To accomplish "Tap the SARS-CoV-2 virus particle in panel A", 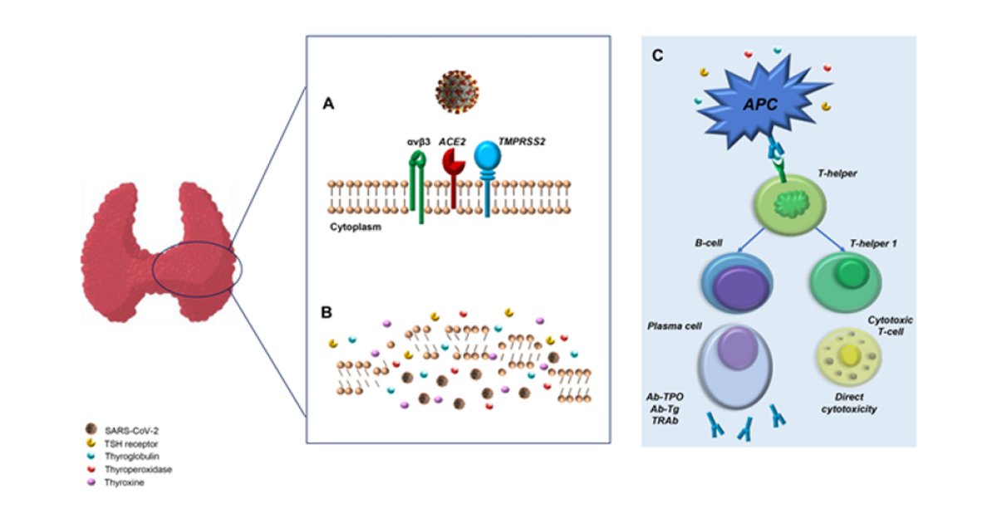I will pyautogui.click(x=456, y=90).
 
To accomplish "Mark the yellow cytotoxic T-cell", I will pyautogui.click(x=850, y=355).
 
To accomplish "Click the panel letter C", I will pyautogui.click(x=657, y=56).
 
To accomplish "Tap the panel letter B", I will pyautogui.click(x=327, y=313).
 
